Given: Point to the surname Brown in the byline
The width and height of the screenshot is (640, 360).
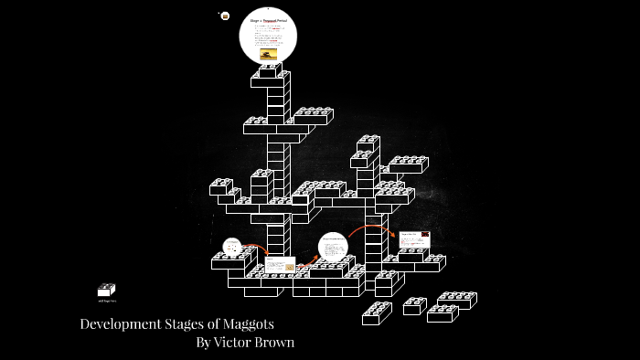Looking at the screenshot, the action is click(275, 343).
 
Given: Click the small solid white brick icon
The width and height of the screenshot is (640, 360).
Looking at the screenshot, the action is click(106, 290).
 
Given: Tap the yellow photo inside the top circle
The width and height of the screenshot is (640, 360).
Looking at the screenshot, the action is click(268, 54).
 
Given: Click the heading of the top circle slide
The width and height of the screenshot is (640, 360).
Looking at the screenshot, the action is click(268, 19).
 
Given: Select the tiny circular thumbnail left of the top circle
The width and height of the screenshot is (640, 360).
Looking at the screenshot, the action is click(225, 16).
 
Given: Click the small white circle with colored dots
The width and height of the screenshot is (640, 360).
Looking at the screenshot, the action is click(232, 247).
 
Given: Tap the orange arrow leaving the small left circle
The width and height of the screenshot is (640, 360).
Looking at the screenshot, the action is click(257, 248).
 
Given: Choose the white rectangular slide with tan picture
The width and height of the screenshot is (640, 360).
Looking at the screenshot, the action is click(280, 264).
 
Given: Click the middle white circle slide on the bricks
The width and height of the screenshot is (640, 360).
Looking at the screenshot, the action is click(333, 248).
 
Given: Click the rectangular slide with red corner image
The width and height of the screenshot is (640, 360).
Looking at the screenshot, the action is click(414, 239).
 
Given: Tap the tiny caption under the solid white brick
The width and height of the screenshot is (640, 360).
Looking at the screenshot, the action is click(106, 301).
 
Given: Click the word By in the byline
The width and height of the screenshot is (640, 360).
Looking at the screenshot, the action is click(203, 343).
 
